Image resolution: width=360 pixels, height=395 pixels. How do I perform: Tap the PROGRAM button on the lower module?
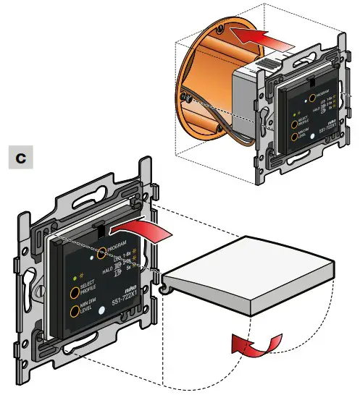102,252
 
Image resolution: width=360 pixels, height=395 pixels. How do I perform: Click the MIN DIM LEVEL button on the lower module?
74,313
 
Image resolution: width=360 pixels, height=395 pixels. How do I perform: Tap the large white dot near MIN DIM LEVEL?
101,310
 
